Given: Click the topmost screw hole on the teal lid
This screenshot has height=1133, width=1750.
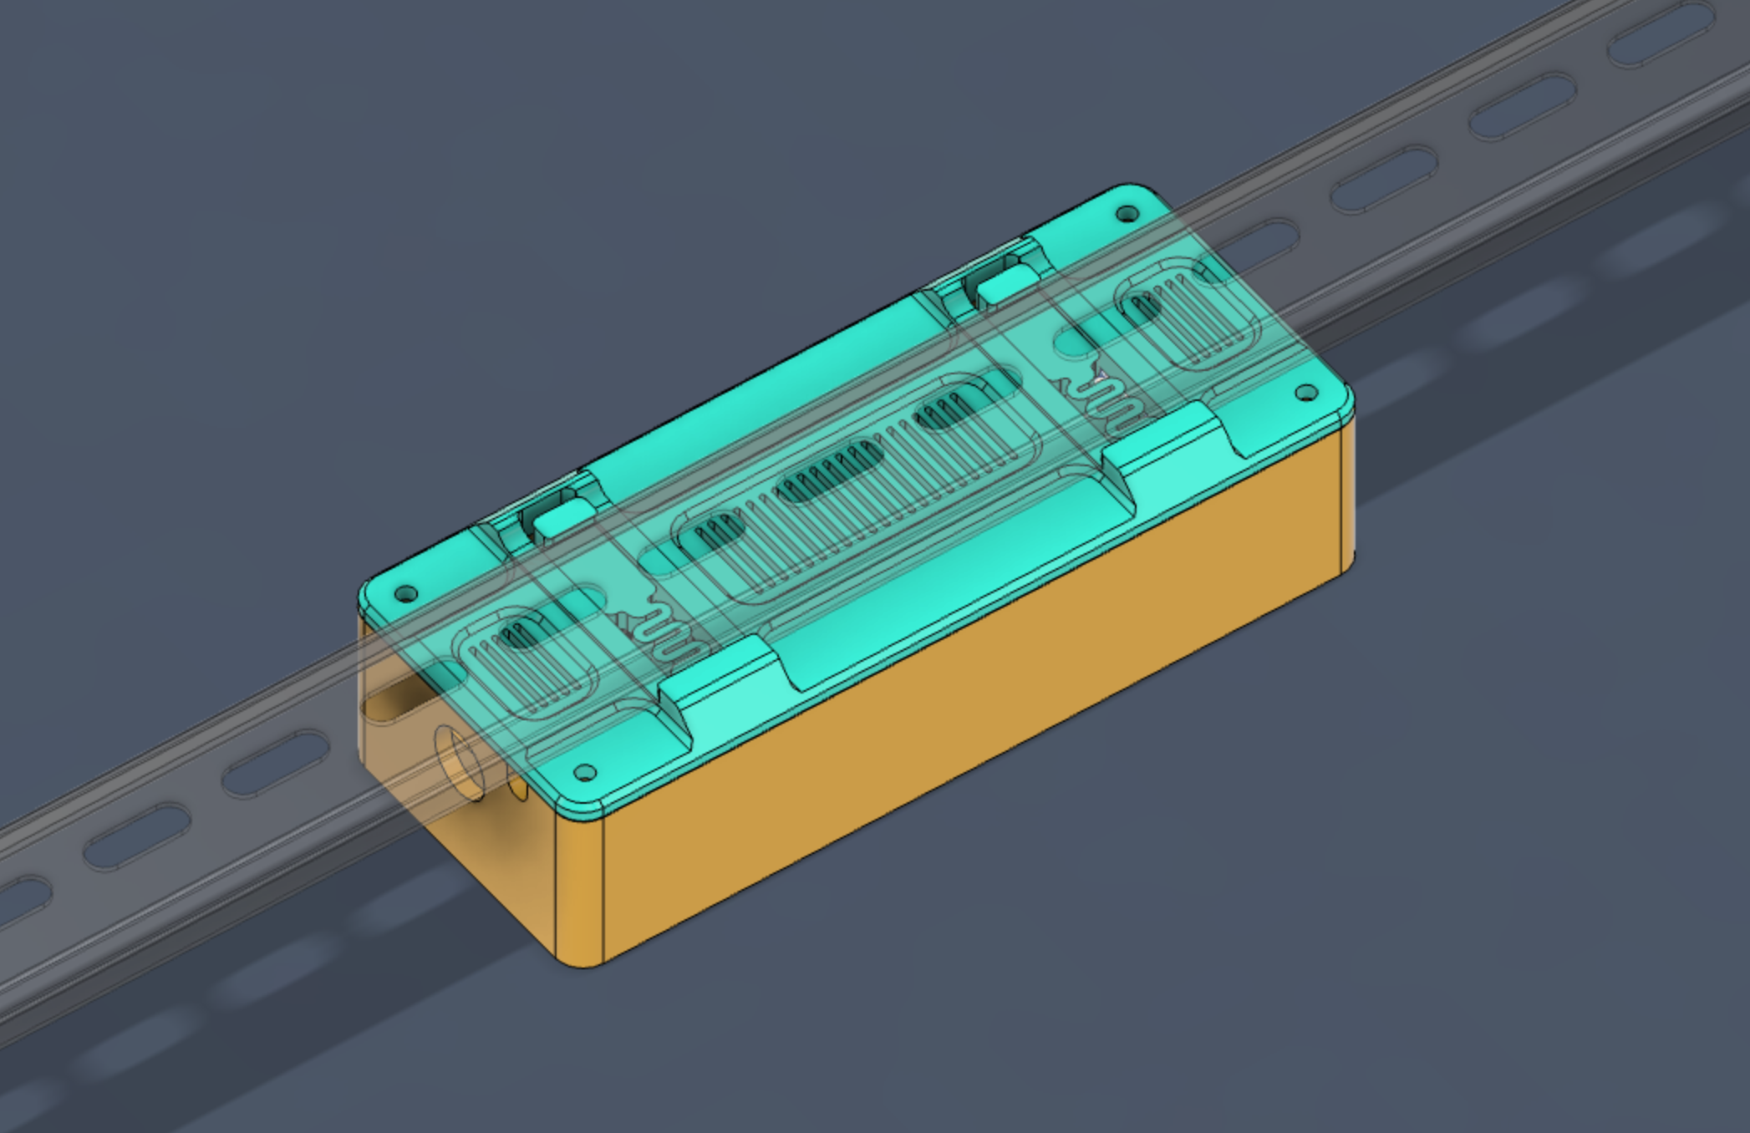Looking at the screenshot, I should point(1127,215).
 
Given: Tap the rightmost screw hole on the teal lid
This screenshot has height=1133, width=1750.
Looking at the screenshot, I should point(1306,393).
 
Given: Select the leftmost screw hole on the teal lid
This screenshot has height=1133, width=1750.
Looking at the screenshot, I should point(407,595).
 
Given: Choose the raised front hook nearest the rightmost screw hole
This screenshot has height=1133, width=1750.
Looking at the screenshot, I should point(1167,439).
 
